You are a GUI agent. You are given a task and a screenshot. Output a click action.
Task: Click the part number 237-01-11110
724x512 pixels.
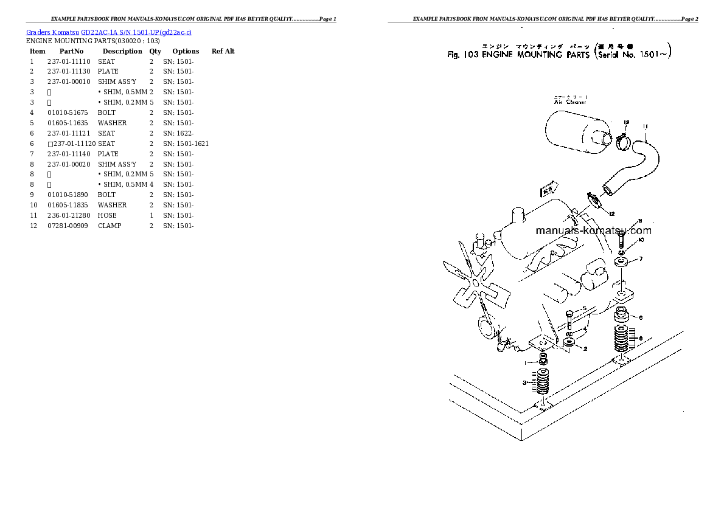click(x=69, y=61)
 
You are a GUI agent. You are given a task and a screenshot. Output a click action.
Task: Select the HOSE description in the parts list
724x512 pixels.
click(x=107, y=215)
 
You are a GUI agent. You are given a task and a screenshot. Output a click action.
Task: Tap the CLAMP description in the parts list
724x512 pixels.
click(x=110, y=226)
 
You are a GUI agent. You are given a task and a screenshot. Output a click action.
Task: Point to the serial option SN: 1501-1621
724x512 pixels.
click(x=186, y=144)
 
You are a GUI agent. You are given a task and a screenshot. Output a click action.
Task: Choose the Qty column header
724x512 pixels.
click(x=155, y=51)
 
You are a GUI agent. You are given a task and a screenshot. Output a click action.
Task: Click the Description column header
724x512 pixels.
click(x=122, y=51)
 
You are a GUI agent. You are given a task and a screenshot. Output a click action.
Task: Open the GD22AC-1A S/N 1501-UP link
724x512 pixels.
click(x=136, y=32)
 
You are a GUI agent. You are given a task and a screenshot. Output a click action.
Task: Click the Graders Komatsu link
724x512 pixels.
click(x=52, y=32)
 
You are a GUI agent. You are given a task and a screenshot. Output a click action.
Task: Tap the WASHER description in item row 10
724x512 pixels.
click(x=112, y=205)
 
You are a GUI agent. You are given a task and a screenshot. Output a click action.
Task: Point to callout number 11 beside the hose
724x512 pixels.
click(x=645, y=126)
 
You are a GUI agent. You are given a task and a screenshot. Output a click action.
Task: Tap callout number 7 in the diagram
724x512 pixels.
click(x=640, y=260)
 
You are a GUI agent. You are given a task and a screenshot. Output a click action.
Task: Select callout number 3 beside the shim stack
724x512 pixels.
click(x=524, y=382)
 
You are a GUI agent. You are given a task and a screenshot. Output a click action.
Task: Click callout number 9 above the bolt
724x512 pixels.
click(x=639, y=221)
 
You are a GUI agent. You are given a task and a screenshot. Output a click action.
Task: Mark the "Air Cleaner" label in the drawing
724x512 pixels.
click(x=570, y=102)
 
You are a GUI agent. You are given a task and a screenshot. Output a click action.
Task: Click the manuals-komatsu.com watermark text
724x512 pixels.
click(x=593, y=230)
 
